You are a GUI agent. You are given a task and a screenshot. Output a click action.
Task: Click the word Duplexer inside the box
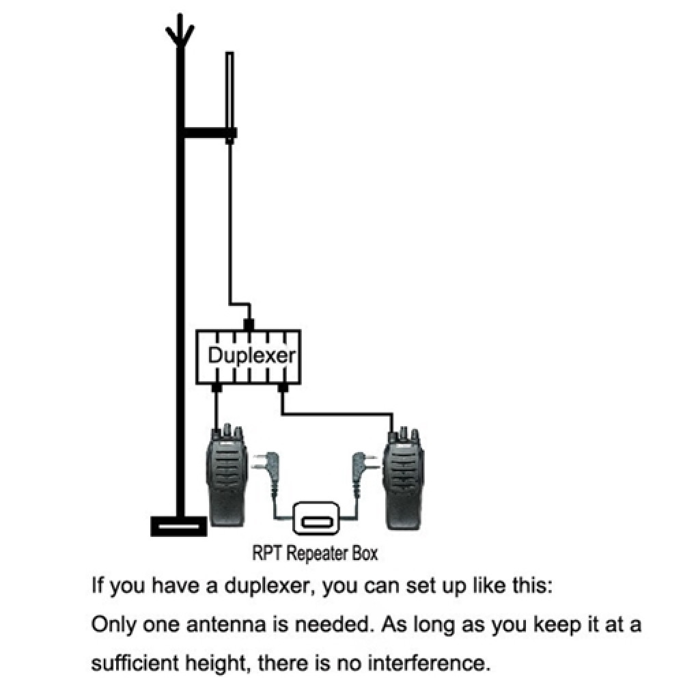click(x=251, y=356)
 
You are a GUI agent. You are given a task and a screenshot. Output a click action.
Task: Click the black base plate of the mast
click(x=178, y=527)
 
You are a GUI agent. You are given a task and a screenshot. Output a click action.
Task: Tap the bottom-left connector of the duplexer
click(x=217, y=387)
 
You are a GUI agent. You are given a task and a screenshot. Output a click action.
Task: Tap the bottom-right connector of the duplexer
click(x=283, y=387)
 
